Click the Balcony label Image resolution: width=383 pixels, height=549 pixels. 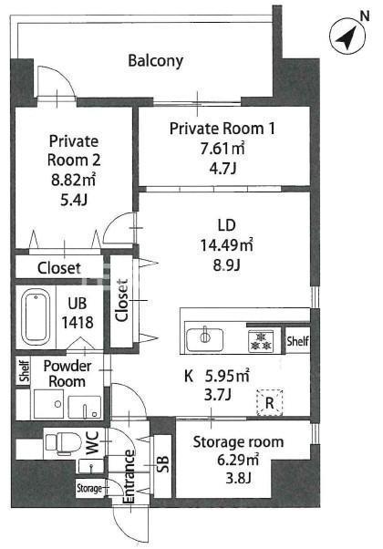coord(155,60)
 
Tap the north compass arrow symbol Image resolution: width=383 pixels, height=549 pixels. coord(347,36)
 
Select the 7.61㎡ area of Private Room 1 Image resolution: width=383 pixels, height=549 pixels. coord(223,149)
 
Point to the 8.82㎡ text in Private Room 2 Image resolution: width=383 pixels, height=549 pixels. coord(74,180)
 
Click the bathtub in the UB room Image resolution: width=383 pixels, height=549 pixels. coord(36,317)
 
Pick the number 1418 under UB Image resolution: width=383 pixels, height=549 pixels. coord(78,322)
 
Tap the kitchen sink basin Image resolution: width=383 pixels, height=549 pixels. coord(205,339)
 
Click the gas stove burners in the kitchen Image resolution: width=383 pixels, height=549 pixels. coord(260,341)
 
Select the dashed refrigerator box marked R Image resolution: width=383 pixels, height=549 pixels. coord(270,403)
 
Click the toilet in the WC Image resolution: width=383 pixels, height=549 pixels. coord(63,443)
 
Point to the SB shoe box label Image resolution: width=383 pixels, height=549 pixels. coord(163,464)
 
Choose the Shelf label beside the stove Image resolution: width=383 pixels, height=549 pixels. coord(297,341)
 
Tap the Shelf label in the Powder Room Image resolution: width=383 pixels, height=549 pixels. coord(24,371)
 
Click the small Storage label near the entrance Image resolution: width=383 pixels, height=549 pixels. coord(89,488)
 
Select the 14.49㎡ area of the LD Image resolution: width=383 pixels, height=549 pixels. coord(226,244)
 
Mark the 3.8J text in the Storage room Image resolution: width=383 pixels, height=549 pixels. coord(238,477)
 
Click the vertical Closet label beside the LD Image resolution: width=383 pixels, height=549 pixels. coord(122,300)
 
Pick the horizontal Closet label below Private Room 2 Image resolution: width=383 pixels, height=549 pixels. coord(59,268)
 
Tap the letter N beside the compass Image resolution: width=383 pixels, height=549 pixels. coord(365,16)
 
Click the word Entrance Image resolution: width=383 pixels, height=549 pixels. coord(129,477)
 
